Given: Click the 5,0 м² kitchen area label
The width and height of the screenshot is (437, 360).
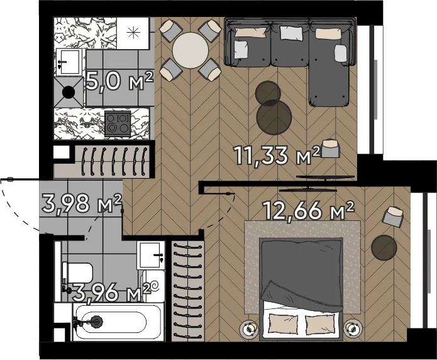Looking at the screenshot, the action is tap(119, 81).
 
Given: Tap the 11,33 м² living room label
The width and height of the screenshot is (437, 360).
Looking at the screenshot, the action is tap(277, 155).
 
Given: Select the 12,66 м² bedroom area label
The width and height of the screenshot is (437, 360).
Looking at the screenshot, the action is tap(309, 210).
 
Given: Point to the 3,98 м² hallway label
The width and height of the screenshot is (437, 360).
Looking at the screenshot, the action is tap(82, 203).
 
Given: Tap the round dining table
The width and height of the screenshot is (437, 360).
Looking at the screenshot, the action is tap(191, 50).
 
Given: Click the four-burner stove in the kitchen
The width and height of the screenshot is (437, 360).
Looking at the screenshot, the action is tap(118, 123).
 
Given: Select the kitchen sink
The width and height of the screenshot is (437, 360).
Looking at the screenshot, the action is tap(69, 62).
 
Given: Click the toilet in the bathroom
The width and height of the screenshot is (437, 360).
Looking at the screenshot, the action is tap(77, 273).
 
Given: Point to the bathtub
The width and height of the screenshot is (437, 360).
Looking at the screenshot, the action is tap(117, 322).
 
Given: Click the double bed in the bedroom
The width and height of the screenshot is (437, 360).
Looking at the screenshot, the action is tap(301, 289).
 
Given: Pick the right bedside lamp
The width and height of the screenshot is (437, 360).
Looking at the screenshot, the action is tap(353, 329).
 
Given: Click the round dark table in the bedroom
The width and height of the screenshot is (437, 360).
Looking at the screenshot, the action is tap(384, 247).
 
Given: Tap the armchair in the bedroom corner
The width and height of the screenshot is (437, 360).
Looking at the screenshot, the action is tap(393, 216).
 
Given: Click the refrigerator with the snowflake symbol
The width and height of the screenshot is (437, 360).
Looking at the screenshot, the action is tap(133, 33).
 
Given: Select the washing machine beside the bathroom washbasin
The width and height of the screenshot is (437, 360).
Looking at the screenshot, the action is tap(153, 286).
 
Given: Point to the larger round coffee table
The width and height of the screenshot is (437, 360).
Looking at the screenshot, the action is tap(274, 117).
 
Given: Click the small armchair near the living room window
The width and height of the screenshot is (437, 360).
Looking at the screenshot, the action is tap(331, 148).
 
